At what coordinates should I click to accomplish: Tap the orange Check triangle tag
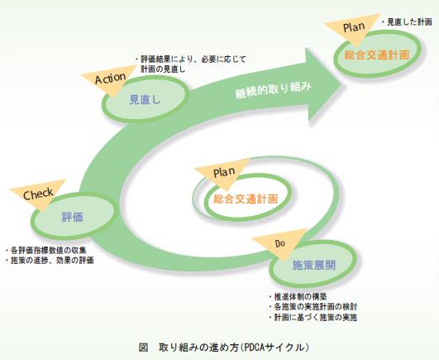pos(37,194)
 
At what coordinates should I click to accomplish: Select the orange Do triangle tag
pos(279,243)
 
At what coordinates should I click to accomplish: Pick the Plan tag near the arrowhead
pos(353,28)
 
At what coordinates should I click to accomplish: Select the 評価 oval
pos(72,217)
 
